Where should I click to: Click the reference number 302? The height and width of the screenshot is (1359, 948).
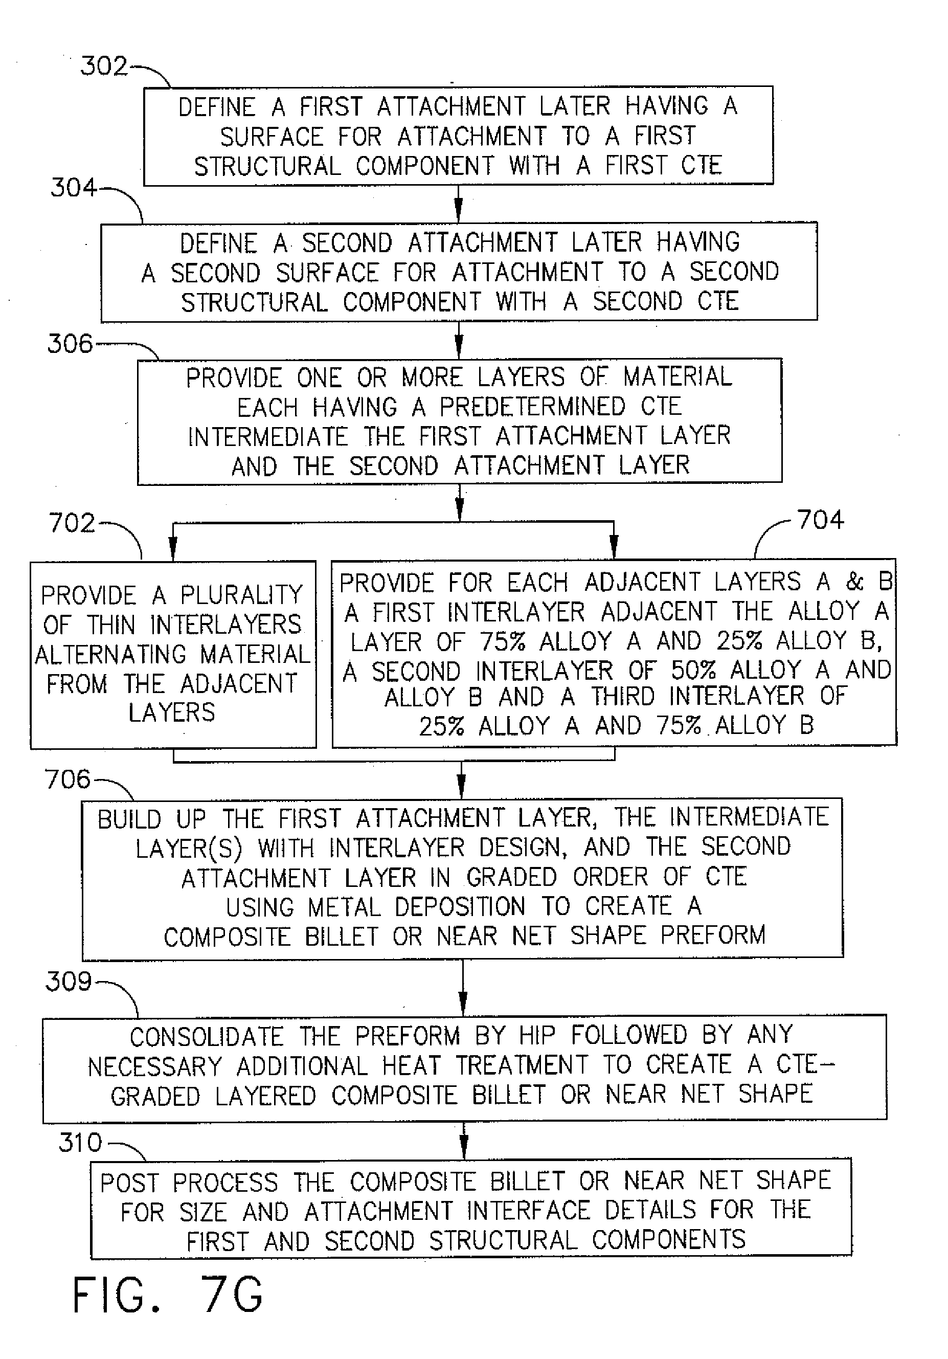(x=104, y=65)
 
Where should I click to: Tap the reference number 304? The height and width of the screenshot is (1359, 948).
(x=74, y=188)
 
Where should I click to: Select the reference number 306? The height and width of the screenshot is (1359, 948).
(x=71, y=344)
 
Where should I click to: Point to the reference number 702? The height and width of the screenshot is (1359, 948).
(x=72, y=523)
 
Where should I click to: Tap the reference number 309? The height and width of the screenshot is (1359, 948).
(x=69, y=982)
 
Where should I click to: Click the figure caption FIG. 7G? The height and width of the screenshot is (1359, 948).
(x=168, y=1295)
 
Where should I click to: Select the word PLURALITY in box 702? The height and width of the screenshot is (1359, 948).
(x=241, y=595)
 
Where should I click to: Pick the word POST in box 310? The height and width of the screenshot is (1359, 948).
(x=129, y=1183)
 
